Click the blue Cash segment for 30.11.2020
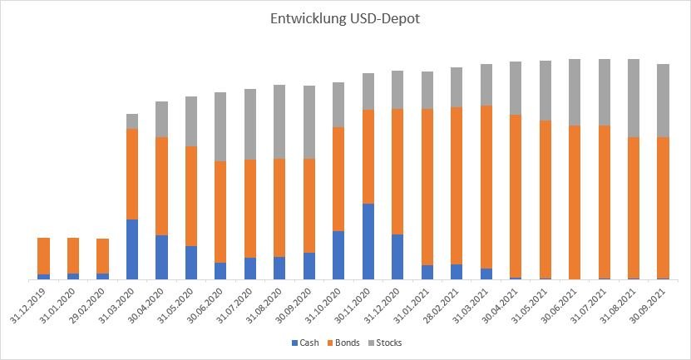click(368, 241)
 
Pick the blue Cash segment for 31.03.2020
click(132, 249)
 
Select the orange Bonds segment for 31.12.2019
click(44, 256)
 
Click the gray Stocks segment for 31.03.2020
click(132, 121)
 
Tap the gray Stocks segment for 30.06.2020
click(220, 126)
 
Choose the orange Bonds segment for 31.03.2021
click(486, 187)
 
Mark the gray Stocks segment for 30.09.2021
click(663, 101)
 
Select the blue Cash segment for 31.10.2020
click(338, 254)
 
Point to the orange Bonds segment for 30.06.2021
click(575, 202)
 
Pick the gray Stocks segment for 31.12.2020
click(397, 90)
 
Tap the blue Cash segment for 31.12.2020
click(397, 256)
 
